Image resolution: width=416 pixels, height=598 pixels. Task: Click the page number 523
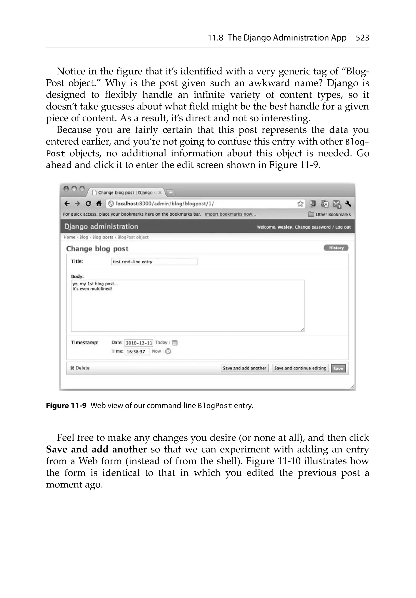point(362,38)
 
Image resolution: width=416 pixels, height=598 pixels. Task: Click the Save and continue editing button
point(300,368)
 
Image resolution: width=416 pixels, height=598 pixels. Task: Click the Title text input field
point(154,262)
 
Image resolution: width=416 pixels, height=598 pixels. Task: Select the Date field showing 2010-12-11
point(139,343)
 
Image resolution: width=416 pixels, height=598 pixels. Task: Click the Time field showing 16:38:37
point(137,352)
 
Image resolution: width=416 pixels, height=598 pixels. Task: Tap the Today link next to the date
point(161,343)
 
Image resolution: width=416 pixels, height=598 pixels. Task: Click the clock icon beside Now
point(168,351)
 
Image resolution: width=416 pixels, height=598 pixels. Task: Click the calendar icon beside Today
point(175,343)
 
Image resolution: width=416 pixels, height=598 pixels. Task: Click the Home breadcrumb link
point(69,237)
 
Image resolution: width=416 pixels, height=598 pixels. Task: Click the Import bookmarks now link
point(230,214)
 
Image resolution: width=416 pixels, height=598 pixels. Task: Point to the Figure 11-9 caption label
point(66,405)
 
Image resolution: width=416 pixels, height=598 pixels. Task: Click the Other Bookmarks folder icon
point(311,214)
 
